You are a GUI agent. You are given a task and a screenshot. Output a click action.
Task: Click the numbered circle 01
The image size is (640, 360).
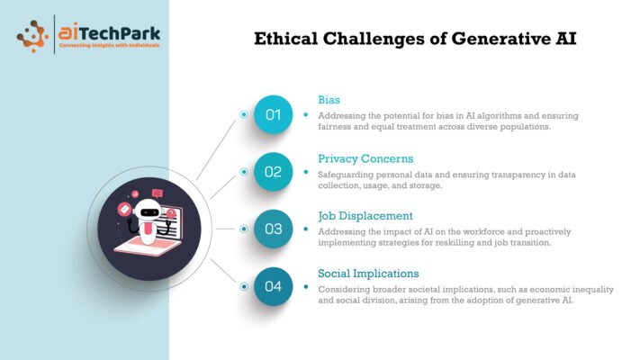[x=273, y=114]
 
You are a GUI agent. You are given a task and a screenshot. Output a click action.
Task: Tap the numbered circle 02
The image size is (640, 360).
[x=273, y=172]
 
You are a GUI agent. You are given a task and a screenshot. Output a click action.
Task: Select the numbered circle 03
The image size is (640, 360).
[x=273, y=229]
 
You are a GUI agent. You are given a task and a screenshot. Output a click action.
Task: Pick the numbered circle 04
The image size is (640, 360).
[x=273, y=286]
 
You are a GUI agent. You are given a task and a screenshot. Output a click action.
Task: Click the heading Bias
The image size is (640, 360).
[x=329, y=100]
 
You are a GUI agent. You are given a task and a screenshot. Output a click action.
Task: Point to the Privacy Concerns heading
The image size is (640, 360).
[x=365, y=158]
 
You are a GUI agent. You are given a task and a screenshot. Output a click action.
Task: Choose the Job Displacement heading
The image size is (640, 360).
[x=365, y=216]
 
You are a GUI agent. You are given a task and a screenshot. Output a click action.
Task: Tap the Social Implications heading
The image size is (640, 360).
[x=368, y=274]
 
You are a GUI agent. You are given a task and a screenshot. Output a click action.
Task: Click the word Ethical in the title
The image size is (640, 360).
[x=285, y=39]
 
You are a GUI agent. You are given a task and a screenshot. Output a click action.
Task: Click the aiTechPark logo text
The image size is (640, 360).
[x=109, y=32]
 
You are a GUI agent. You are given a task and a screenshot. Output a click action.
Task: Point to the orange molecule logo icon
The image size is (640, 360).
[x=32, y=36]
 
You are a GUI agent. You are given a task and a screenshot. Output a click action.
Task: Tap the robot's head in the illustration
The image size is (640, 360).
[x=148, y=211]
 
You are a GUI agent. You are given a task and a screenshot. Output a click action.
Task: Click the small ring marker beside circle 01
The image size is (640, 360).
[x=244, y=114]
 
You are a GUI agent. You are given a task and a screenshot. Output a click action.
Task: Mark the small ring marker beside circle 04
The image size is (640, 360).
[x=244, y=286]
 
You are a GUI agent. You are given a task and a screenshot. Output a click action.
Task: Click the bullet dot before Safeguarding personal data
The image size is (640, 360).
[x=306, y=172]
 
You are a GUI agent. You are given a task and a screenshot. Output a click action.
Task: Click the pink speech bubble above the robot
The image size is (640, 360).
[x=158, y=193]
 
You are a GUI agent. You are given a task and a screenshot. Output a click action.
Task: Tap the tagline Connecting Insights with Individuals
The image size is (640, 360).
[x=109, y=45]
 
